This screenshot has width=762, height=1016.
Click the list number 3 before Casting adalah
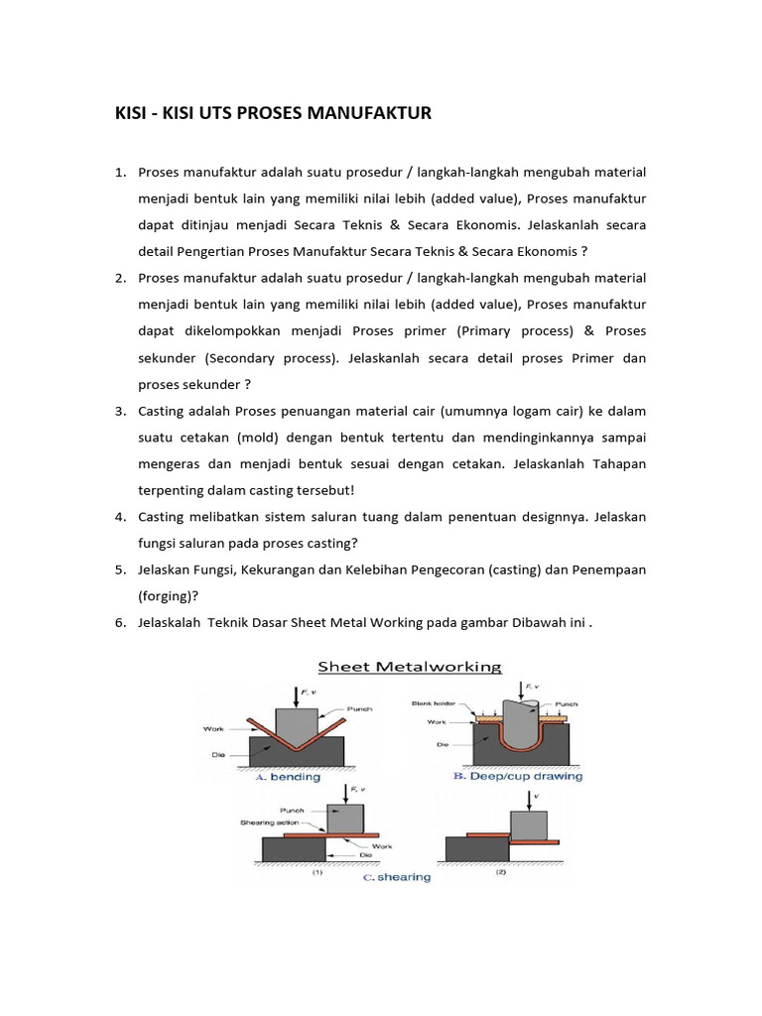pos(119,411)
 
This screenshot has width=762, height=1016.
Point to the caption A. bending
pos(288,777)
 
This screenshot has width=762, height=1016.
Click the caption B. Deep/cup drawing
pos(518,777)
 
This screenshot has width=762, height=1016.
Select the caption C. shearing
pos(395,877)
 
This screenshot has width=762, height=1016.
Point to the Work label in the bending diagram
pos(214,728)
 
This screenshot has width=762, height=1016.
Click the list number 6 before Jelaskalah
pos(119,622)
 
